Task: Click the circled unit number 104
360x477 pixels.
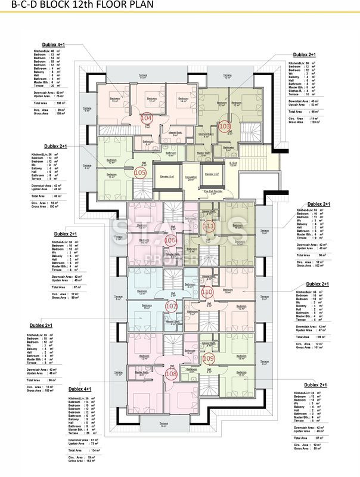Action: (x=147, y=119)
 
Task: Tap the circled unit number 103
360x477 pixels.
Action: (x=225, y=126)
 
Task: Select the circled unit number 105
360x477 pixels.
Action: (x=141, y=172)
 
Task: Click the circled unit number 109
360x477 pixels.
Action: (x=208, y=358)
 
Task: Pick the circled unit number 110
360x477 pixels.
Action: (x=207, y=293)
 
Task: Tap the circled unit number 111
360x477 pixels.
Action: (x=209, y=227)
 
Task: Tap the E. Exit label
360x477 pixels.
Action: (x=234, y=164)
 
